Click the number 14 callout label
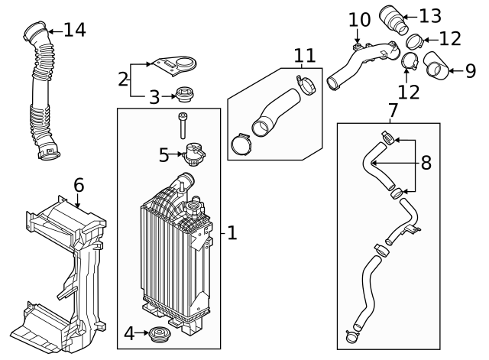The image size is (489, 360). [74, 30]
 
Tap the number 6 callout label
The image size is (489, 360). [79, 185]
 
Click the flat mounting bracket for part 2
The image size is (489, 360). [170, 66]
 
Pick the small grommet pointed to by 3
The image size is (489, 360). [183, 96]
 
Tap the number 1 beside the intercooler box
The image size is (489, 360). [232, 232]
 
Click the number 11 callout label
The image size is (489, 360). [304, 55]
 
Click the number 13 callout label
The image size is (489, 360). [430, 15]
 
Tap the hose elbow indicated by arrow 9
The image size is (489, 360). [436, 66]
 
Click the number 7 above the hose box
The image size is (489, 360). [393, 111]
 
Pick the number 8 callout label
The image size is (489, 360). [426, 163]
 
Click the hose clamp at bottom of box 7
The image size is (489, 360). [352, 332]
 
